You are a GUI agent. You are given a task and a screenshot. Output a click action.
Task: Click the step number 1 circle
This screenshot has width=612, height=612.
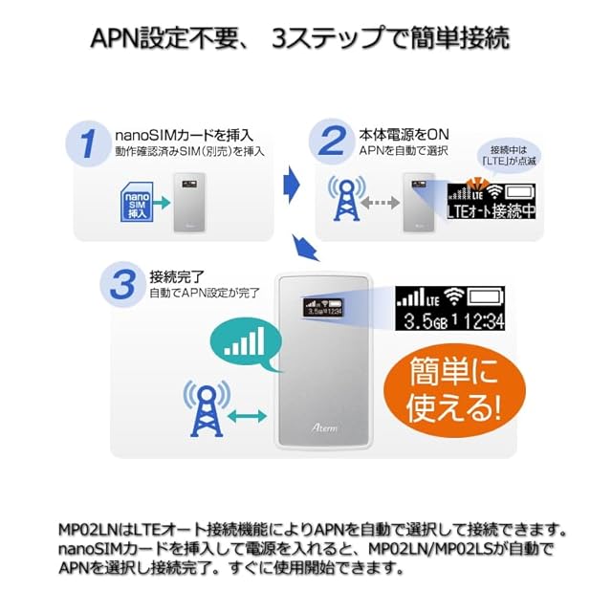(88, 143)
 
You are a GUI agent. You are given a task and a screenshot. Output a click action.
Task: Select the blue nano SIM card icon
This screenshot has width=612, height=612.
(132, 203)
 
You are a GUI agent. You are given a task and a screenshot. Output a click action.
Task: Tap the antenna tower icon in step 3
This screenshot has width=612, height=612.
(205, 412)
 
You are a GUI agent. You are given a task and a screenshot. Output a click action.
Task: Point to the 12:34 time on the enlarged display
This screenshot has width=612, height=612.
(478, 322)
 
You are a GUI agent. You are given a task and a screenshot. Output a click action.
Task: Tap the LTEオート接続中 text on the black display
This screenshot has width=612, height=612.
(490, 211)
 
